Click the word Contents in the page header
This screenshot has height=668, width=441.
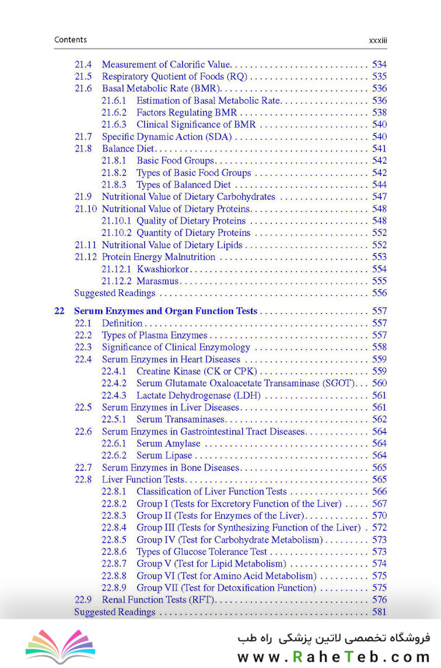click(x=71, y=40)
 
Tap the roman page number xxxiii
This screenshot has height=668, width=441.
click(x=378, y=40)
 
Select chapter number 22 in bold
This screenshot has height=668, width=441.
click(x=59, y=311)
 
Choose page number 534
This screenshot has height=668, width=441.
click(x=379, y=64)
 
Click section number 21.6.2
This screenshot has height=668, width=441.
click(x=114, y=113)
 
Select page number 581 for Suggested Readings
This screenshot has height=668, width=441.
click(x=379, y=612)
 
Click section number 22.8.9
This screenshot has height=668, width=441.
click(x=114, y=588)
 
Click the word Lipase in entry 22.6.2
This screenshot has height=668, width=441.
click(x=180, y=455)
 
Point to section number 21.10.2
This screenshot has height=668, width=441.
click(x=116, y=233)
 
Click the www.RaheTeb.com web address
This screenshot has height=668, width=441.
click(x=333, y=657)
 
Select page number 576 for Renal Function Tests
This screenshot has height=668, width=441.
click(x=379, y=599)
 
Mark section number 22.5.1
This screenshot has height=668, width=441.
click(x=114, y=419)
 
